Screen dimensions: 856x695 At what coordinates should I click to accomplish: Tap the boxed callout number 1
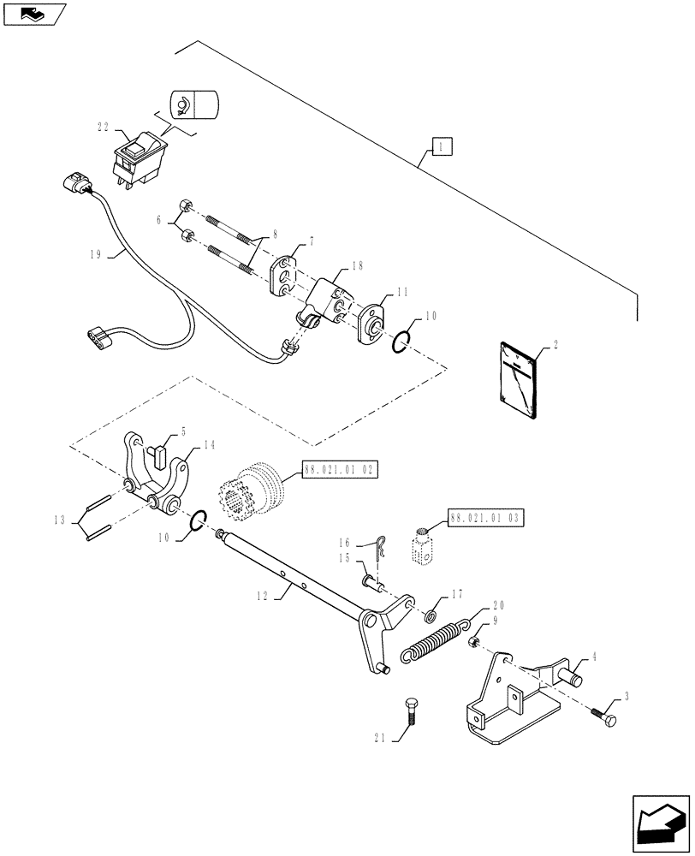tap(442, 147)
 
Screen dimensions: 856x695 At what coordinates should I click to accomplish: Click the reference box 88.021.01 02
tap(338, 470)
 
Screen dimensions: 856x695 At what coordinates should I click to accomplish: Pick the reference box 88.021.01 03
tap(486, 519)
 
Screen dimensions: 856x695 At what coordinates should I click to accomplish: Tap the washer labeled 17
tap(432, 615)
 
